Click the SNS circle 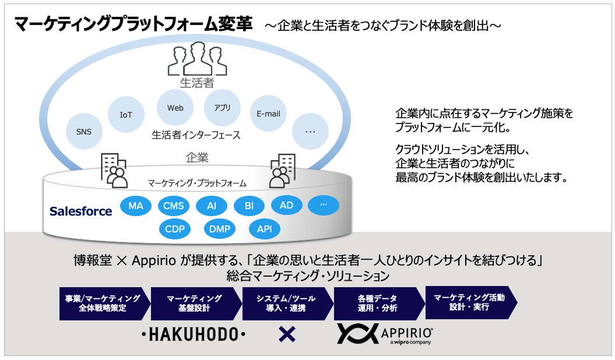tap(84, 132)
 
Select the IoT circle tap(126, 115)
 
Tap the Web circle tap(175, 108)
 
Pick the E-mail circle tap(268, 114)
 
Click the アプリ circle tap(222, 108)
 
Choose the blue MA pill tap(136, 206)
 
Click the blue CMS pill tap(173, 206)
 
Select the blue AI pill tap(212, 206)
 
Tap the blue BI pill tap(249, 206)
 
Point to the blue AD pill tap(286, 205)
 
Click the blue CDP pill tap(175, 229)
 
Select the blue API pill tap(264, 229)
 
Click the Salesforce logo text tap(80, 211)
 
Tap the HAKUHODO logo tap(193, 334)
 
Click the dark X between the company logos tap(287, 334)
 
